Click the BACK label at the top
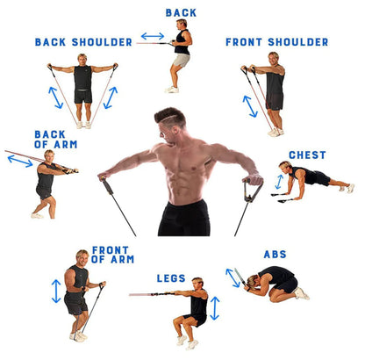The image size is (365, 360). pyautogui.click(x=181, y=12)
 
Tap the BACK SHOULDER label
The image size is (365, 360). pyautogui.click(x=83, y=41)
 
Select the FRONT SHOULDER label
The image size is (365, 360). pyautogui.click(x=276, y=41)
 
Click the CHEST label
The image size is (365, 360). pyautogui.click(x=307, y=155)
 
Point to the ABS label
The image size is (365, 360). pyautogui.click(x=275, y=254)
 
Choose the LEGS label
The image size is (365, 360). pyautogui.click(x=171, y=278)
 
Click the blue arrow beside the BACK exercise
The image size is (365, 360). pyautogui.click(x=153, y=37)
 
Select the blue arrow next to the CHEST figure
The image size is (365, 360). pyautogui.click(x=279, y=182)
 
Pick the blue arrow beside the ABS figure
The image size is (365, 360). pyautogui.click(x=233, y=277)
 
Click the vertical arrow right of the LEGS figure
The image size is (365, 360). pyautogui.click(x=215, y=307)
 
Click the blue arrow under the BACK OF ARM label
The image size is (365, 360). pyautogui.click(x=20, y=161)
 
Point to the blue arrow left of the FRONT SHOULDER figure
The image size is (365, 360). pyautogui.click(x=250, y=105)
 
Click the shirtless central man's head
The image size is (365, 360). pyautogui.click(x=171, y=124)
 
